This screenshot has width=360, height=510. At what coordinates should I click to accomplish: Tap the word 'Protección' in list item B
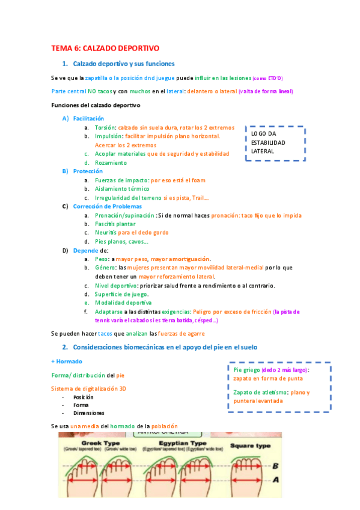click(88, 171)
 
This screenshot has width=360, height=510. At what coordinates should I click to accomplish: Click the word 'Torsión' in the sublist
click(105, 127)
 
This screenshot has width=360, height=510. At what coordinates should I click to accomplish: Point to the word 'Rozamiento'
click(111, 162)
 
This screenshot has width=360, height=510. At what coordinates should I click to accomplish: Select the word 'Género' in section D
click(105, 268)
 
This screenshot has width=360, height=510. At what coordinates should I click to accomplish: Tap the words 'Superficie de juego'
click(121, 294)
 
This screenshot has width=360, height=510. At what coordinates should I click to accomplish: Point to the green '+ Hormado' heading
click(67, 361)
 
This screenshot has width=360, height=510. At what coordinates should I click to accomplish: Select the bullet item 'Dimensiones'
click(89, 413)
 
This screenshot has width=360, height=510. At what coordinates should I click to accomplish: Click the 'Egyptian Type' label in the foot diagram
click(178, 441)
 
